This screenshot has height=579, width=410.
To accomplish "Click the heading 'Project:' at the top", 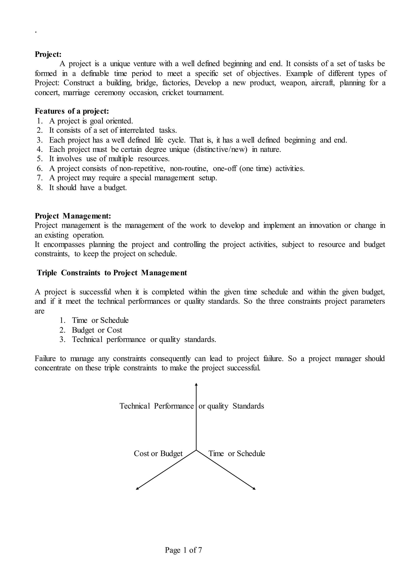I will (48, 54).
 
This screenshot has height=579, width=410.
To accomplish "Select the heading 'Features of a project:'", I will (72, 111).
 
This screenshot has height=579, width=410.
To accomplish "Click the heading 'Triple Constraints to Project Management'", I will (112, 273).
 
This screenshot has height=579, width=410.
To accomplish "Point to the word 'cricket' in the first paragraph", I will (172, 93).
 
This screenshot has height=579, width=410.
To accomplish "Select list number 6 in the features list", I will (40, 168).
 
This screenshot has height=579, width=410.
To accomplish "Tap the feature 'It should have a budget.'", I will (88, 188).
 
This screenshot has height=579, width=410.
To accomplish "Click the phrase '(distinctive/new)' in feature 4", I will (220, 149).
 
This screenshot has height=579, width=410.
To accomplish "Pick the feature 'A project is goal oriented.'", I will (91, 121).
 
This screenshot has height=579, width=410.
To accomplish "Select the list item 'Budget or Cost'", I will (97, 330).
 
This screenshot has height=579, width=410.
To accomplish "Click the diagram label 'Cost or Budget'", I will (158, 454).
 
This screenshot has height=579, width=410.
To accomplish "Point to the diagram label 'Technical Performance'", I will (157, 406).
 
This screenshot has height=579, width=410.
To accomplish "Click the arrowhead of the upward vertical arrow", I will (196, 385).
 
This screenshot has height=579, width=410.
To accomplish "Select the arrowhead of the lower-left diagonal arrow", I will (137, 489).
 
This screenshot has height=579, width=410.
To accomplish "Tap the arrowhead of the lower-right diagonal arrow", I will (254, 489).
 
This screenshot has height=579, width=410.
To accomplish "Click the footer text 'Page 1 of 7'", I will (183, 550).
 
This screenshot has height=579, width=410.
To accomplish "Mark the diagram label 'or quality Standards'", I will (231, 406).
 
